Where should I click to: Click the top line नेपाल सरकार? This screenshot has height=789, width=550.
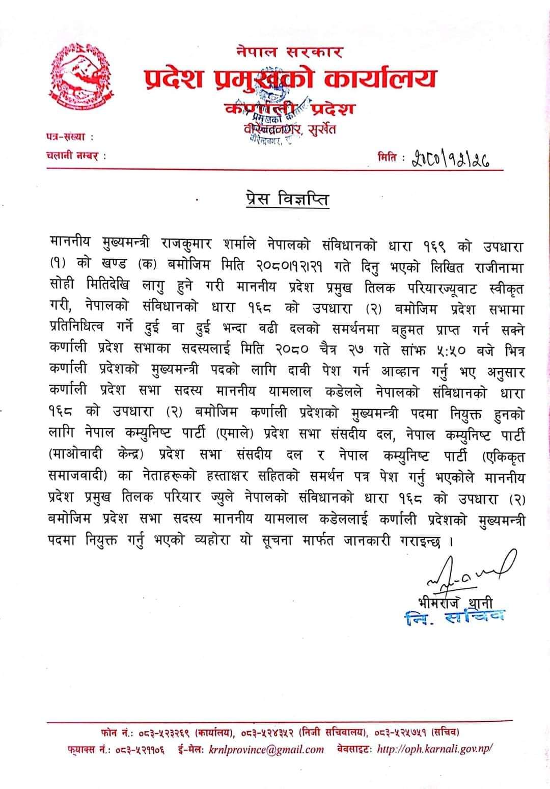pos(289,52)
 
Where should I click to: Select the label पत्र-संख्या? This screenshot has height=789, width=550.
pos(67,137)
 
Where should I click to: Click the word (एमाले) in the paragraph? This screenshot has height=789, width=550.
pos(238,434)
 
